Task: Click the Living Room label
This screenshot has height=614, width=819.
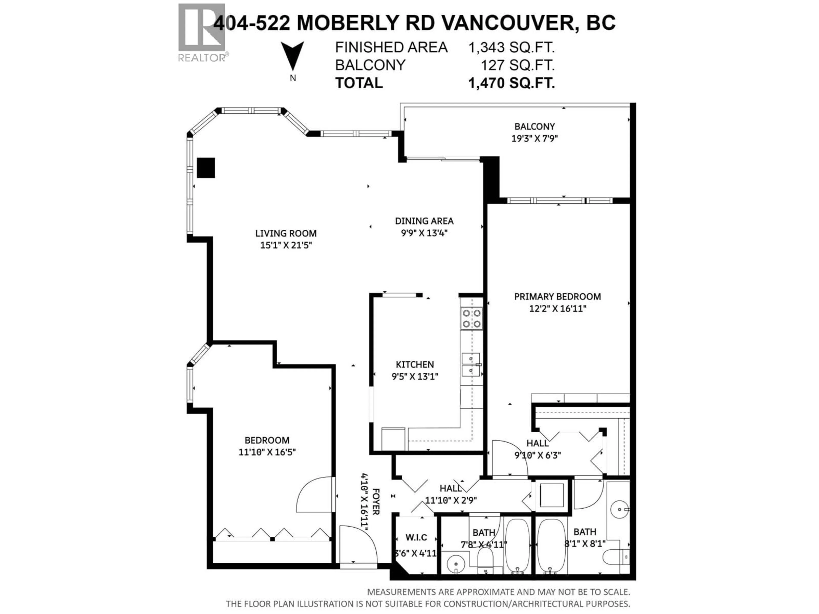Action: coord(285,233)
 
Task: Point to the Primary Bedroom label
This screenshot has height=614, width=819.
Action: coord(557,297)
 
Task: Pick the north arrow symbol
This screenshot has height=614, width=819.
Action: coord(292,55)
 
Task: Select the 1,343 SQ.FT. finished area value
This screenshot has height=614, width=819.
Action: coord(511,47)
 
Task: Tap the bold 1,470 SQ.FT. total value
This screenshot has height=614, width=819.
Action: coord(511,83)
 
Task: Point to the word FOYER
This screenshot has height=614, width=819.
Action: coord(375,501)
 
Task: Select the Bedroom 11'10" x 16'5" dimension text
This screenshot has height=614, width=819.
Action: coord(267,452)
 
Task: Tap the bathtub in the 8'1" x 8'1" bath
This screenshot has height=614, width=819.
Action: coord(551,551)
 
